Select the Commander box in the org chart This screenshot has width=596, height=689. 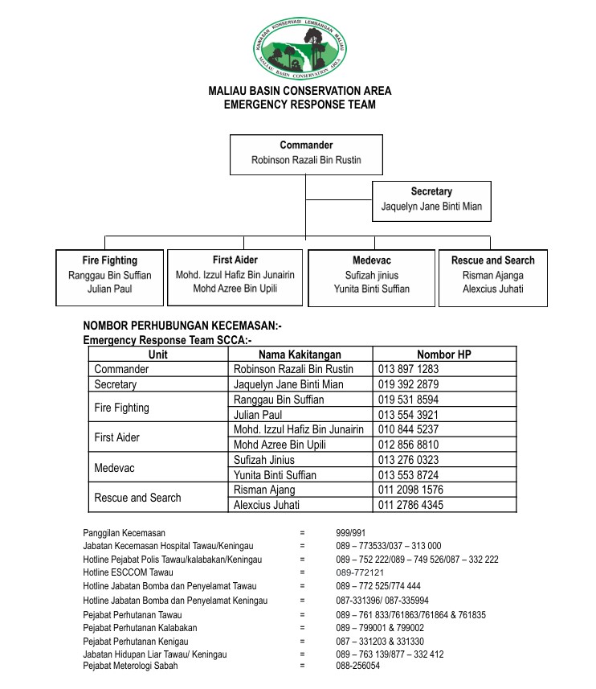[x=306, y=154]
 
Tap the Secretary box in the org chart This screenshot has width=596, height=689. [x=431, y=199]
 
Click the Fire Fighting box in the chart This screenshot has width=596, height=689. [x=109, y=277]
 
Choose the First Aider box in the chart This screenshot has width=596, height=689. [x=235, y=277]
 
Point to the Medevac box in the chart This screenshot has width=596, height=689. [x=371, y=277]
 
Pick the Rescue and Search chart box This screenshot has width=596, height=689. [x=492, y=277]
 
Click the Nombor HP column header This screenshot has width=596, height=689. [x=443, y=355]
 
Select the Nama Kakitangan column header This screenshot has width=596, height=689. [x=300, y=355]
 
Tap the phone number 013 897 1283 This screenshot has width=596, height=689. [x=408, y=369]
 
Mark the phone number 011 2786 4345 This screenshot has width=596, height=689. [x=410, y=505]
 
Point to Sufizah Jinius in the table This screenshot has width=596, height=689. [x=263, y=460]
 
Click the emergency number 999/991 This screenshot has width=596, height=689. [x=351, y=533]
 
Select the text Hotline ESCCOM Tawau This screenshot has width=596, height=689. [x=128, y=572]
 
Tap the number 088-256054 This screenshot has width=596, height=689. [x=357, y=666]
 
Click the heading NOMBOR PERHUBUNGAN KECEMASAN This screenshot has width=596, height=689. [x=182, y=326]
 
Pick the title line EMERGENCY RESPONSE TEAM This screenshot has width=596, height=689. [x=300, y=105]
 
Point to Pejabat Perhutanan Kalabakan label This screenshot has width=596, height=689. [x=140, y=628]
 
